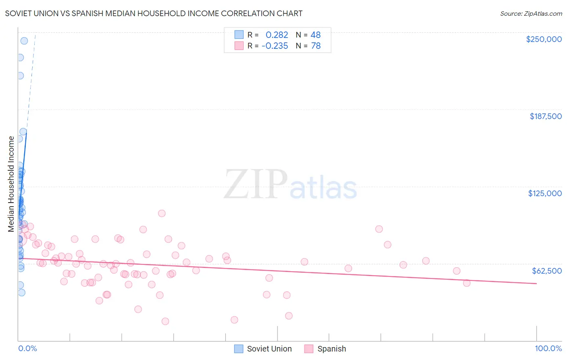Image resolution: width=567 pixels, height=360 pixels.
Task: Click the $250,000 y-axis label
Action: point(544,39)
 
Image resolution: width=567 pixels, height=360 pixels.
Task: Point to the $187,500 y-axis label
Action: point(546,116)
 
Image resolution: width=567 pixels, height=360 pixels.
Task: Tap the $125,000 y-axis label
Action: point(545,193)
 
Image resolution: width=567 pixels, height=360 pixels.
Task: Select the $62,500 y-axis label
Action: point(547,271)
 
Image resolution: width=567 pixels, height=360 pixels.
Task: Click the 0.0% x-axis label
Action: point(27,348)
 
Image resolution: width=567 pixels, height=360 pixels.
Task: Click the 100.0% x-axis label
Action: point(548,348)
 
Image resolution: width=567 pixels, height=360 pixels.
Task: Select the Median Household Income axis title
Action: point(11,184)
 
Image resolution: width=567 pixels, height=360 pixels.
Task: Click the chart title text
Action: point(154,13)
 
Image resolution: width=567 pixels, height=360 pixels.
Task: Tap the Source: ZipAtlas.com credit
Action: point(531,14)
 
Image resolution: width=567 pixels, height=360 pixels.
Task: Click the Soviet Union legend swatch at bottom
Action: point(239,349)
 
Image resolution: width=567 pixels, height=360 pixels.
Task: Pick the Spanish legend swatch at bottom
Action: point(309,349)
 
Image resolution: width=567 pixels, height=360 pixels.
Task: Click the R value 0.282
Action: point(277,35)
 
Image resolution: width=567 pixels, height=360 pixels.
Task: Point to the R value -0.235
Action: point(275,46)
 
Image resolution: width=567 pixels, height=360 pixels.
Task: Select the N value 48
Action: point(315,35)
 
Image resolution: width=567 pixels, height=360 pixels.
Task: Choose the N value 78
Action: point(315,46)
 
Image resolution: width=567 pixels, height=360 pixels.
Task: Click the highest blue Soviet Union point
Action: point(24,41)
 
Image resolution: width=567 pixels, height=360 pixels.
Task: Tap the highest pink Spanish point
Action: point(162,213)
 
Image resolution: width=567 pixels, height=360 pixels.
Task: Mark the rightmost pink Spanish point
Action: point(467,283)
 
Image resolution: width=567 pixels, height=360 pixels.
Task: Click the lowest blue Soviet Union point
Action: point(21,293)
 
